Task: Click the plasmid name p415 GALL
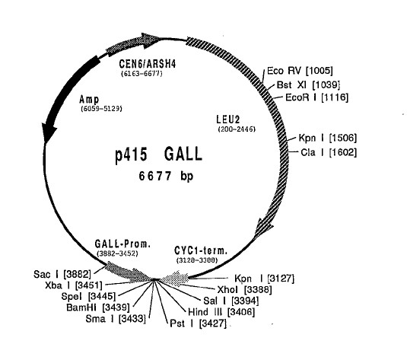point(158,155)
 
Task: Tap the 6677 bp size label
point(166,176)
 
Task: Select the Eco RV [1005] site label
point(300,71)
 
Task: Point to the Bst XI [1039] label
point(308,84)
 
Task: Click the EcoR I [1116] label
point(316,97)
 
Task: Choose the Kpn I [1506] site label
point(328,138)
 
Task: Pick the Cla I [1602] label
point(329,152)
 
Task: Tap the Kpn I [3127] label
point(264,279)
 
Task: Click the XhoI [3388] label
point(244,290)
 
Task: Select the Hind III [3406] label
point(221,312)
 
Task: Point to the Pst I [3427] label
point(198,323)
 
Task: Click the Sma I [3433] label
point(116,319)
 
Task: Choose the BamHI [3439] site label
point(98,307)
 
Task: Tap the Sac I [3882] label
point(62,274)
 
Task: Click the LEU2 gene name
point(228,119)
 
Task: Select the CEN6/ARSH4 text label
point(148,64)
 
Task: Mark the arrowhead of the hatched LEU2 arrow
point(262,228)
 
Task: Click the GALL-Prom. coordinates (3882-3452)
point(117,253)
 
